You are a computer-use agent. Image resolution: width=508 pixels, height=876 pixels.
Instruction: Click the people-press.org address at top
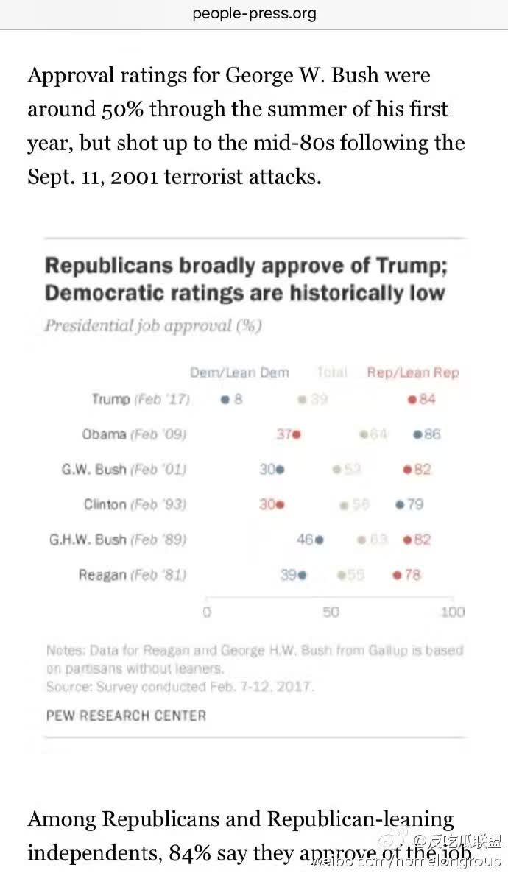(254, 13)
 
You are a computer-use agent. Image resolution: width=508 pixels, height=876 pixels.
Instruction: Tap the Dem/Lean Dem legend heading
(239, 372)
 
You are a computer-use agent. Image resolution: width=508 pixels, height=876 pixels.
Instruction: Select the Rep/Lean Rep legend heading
(413, 372)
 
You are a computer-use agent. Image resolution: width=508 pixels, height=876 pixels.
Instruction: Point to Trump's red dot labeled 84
(412, 399)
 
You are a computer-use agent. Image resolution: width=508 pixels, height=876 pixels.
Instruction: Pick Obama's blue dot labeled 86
(417, 434)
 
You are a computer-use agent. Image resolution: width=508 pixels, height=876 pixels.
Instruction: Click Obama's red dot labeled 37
(297, 434)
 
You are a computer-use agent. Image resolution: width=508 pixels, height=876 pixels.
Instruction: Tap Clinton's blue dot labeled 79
(400, 505)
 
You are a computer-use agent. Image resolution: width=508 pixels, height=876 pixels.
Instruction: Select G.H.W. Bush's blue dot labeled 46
(320, 540)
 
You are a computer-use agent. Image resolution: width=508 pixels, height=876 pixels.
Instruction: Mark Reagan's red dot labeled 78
(398, 575)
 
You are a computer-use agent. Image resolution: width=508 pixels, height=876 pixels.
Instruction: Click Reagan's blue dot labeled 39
(303, 575)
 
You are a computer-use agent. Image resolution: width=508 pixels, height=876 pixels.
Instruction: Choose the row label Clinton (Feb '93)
(135, 505)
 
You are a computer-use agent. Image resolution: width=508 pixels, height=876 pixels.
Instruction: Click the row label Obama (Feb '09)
(134, 434)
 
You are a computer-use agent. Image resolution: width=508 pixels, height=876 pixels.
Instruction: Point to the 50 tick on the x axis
(331, 612)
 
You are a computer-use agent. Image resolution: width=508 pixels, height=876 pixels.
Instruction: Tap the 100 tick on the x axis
(453, 612)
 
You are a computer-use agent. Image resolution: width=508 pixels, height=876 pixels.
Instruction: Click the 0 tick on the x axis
(207, 612)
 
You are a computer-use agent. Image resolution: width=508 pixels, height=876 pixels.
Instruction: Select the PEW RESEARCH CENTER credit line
(126, 715)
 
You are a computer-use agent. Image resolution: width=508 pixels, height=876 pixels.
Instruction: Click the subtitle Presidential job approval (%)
(153, 325)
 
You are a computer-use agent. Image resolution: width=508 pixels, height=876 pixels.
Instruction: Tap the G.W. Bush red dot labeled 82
(406, 470)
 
